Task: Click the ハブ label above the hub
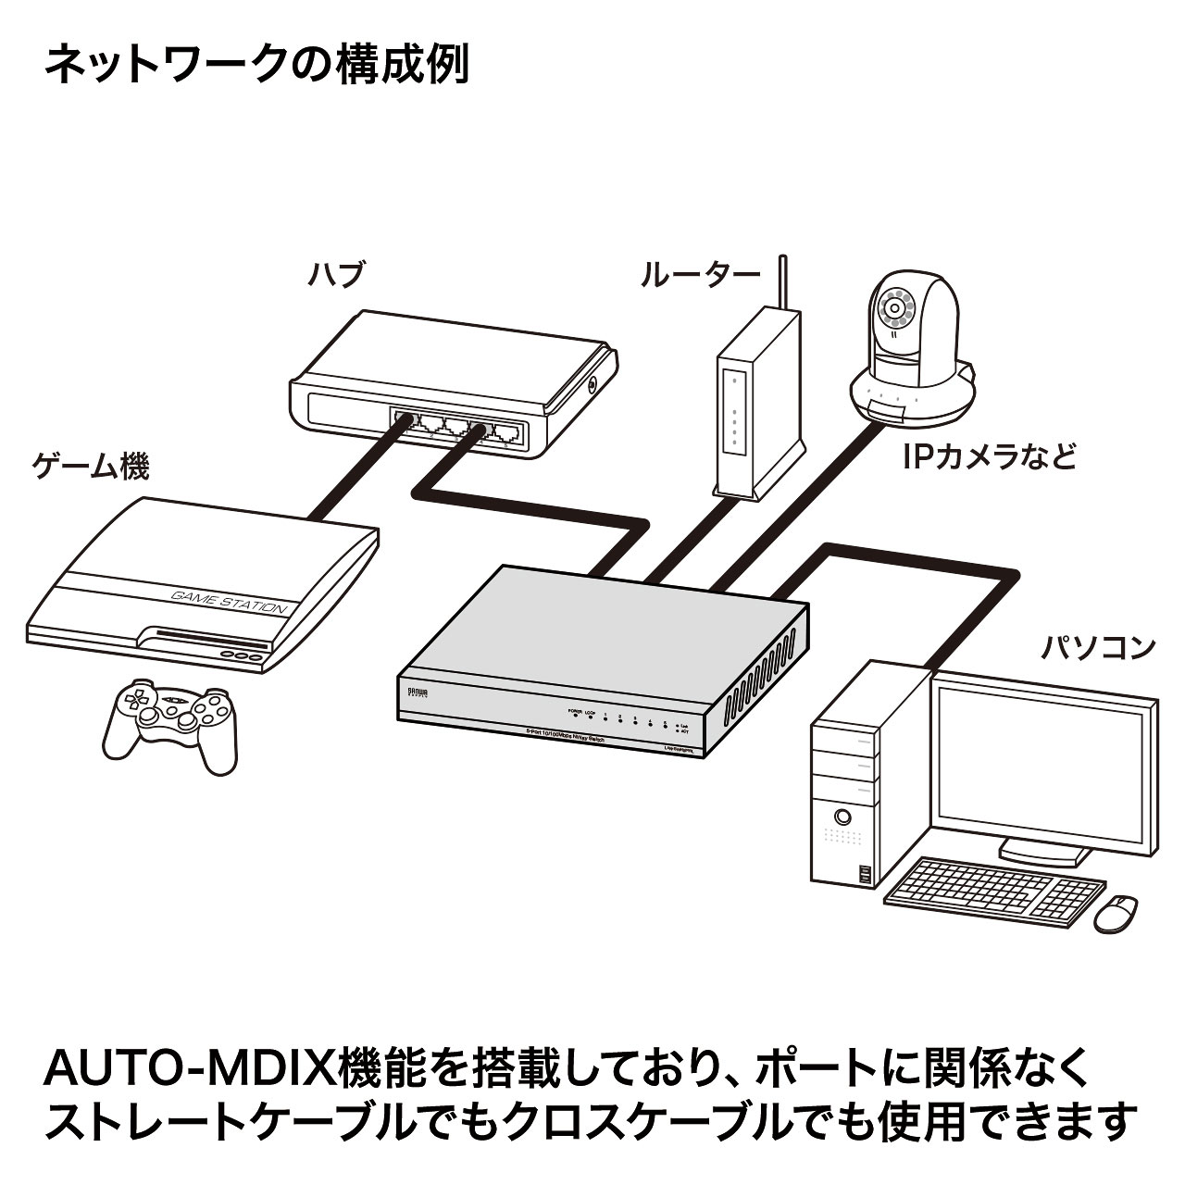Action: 335,274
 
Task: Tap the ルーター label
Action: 699,275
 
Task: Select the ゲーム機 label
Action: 90,467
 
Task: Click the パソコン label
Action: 1098,646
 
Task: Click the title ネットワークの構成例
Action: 256,67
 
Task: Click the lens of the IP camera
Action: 895,306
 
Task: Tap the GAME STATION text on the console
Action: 229,602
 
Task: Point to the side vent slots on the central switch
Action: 764,672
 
